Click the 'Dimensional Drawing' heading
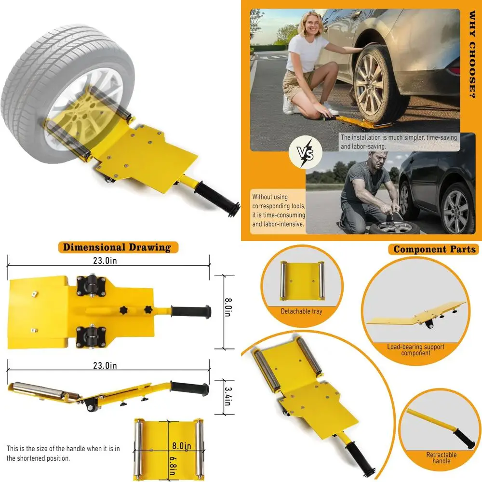pos(118,248)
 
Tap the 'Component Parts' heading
pos(434,249)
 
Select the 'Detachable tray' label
pos(301,311)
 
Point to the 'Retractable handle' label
pos(441,458)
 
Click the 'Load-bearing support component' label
pos(415,350)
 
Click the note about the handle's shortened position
pos(63,454)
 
